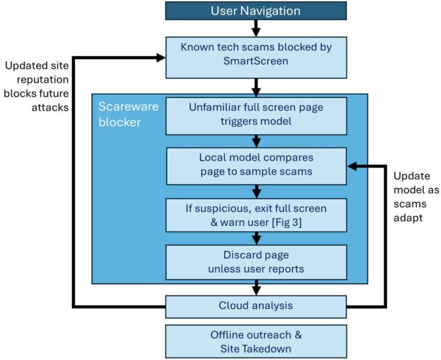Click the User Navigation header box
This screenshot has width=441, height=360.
[256, 11]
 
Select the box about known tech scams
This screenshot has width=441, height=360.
[256, 57]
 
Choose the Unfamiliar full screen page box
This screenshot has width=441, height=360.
[256, 115]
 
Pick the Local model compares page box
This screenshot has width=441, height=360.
[256, 165]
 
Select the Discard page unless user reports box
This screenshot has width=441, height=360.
[256, 261]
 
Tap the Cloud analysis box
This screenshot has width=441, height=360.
[256, 305]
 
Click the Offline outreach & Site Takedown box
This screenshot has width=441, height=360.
[256, 341]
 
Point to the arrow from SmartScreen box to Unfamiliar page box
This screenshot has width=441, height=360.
[256, 87]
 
